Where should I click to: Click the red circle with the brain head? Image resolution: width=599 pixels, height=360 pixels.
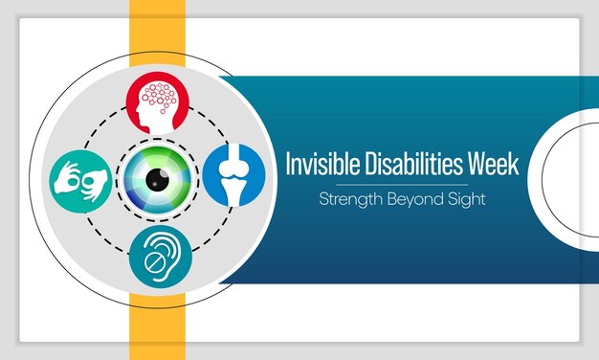click(160, 102)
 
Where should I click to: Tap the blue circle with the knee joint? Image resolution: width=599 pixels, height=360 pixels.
click(233, 175)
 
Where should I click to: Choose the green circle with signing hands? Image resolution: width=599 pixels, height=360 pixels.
click(83, 177)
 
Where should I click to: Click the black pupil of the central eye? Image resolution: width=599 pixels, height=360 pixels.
click(159, 177)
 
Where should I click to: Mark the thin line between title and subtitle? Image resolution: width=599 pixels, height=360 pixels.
click(401, 184)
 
